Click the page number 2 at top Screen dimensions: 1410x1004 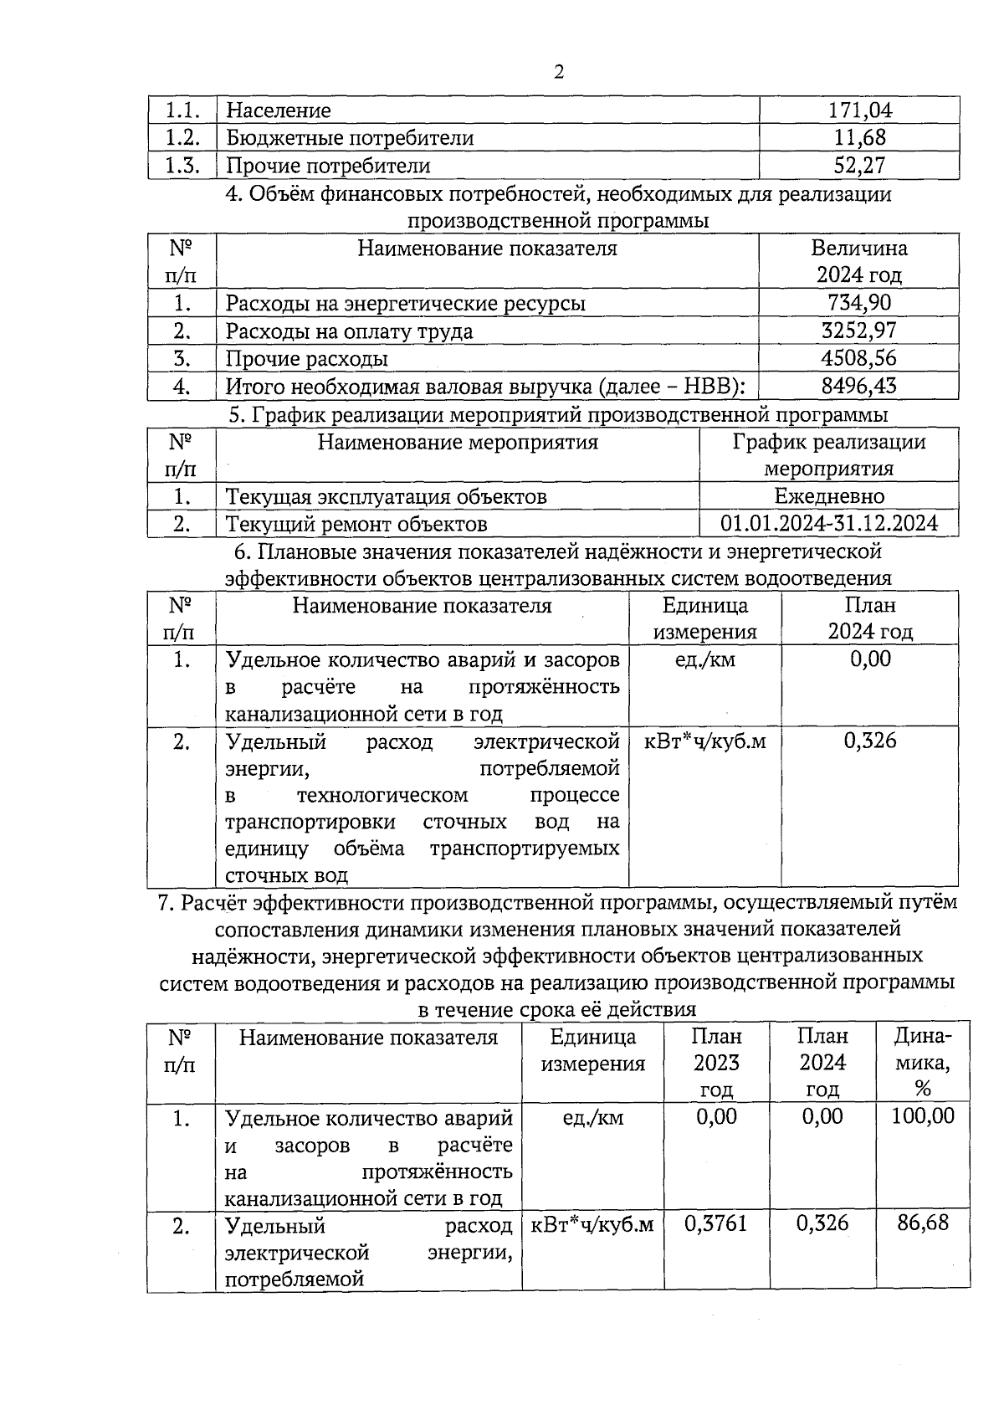pos(559,72)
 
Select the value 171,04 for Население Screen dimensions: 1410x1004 pos(859,110)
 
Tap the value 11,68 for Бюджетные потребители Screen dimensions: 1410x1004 pos(859,138)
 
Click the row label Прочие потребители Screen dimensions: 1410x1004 pos(328,166)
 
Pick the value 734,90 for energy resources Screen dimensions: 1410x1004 pos(859,303)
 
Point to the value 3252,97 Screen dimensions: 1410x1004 pos(859,331)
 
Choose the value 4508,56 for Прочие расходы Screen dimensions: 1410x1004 pos(859,358)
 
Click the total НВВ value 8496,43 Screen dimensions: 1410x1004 pos(859,386)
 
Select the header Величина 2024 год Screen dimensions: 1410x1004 pos(859,261)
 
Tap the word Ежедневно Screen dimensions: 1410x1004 pos(829,495)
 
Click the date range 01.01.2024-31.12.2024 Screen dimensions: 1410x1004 pos(829,524)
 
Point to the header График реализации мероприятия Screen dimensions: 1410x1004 pos(829,454)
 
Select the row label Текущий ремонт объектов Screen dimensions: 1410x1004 pos(356,524)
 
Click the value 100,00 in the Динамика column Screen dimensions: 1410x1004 pos(923,1115)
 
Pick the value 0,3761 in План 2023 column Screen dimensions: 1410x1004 pos(716,1223)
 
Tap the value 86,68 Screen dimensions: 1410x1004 pos(923,1223)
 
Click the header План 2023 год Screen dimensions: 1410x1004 pos(716,1063)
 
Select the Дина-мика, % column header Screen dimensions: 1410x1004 pos(923,1063)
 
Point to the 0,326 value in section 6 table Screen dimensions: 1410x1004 pos(870,740)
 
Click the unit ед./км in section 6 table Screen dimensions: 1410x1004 pos(704,659)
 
